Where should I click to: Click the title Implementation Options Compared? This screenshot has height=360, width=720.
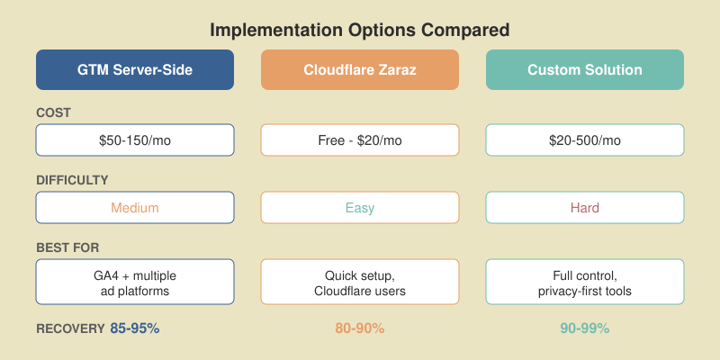[360, 30]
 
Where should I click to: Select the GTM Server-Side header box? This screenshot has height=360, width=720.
[135, 70]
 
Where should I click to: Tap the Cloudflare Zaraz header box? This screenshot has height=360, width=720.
[360, 70]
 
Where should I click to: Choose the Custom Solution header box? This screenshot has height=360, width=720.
[585, 70]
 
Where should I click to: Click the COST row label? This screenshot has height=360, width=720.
[52, 112]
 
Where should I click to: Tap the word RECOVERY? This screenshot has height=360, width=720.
[70, 328]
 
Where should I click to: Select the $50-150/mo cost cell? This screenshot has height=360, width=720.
[135, 140]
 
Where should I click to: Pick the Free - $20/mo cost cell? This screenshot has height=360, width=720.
[360, 140]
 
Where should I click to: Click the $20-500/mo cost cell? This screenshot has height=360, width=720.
[585, 140]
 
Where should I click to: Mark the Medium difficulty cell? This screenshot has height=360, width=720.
[135, 208]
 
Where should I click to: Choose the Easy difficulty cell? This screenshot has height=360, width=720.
[360, 208]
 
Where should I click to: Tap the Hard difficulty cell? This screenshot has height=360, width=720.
[585, 208]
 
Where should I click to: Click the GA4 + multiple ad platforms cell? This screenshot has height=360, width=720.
[135, 282]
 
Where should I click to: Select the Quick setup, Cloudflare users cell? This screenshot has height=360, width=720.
[360, 282]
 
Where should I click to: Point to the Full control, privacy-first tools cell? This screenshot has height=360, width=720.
[585, 282]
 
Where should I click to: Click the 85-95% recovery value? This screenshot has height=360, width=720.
[135, 328]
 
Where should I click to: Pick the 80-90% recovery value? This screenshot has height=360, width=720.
[360, 328]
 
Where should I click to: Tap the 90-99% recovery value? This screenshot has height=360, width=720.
[585, 328]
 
